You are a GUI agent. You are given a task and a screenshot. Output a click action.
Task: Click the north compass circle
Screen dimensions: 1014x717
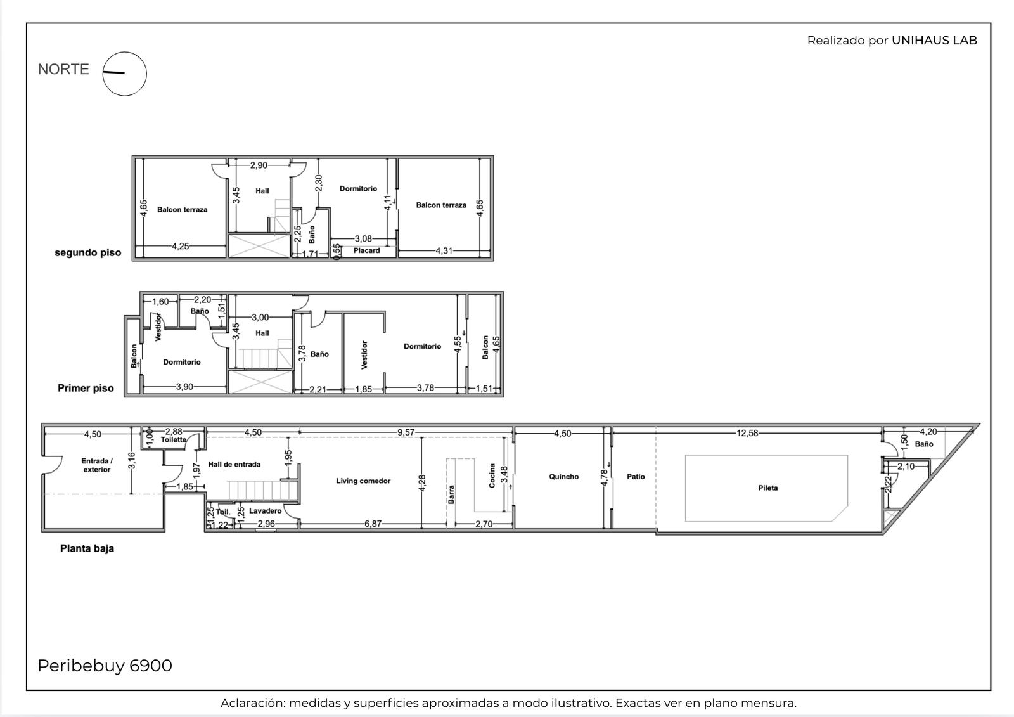pyautogui.click(x=124, y=52)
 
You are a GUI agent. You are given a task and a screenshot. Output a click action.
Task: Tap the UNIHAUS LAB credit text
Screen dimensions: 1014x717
pyautogui.click(x=934, y=41)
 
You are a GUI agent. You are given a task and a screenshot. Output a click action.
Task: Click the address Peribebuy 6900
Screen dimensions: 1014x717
pyautogui.click(x=105, y=666)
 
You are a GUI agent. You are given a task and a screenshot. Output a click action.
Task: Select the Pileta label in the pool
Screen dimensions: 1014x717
pyautogui.click(x=767, y=488)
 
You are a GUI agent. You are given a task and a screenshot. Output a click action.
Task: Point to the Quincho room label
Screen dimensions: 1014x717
pyautogui.click(x=563, y=477)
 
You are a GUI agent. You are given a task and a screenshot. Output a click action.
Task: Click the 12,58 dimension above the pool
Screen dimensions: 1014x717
pyautogui.click(x=747, y=433)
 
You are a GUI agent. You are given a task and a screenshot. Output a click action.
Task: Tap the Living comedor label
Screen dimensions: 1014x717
pyautogui.click(x=363, y=481)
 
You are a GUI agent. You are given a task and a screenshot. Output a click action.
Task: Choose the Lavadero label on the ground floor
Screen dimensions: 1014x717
pyautogui.click(x=266, y=510)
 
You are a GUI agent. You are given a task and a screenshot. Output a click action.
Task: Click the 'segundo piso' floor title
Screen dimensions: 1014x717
pyautogui.click(x=88, y=253)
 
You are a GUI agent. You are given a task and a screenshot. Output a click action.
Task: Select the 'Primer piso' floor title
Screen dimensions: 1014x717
pyautogui.click(x=86, y=388)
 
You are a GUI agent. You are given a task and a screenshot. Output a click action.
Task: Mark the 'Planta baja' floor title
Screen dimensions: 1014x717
pyautogui.click(x=87, y=548)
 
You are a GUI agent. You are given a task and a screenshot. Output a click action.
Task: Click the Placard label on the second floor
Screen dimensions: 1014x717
pyautogui.click(x=367, y=250)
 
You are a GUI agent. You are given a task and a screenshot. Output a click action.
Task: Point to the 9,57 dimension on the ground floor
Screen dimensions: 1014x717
pyautogui.click(x=406, y=432)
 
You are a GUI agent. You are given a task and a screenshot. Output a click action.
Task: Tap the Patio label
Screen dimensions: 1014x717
pyautogui.click(x=636, y=477)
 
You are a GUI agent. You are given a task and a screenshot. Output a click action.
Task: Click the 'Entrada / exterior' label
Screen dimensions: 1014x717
pyautogui.click(x=97, y=465)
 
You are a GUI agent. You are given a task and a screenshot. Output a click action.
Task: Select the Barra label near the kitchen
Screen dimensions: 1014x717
pyautogui.click(x=451, y=494)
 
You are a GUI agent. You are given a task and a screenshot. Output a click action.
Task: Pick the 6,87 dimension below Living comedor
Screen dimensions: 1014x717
pyautogui.click(x=373, y=524)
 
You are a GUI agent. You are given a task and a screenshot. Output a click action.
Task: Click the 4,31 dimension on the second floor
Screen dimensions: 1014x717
pyautogui.click(x=444, y=250)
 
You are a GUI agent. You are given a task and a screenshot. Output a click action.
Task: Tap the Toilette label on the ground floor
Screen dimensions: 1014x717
pyautogui.click(x=174, y=439)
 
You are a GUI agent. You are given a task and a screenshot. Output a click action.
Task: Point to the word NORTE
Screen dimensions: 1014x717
pyautogui.click(x=63, y=69)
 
